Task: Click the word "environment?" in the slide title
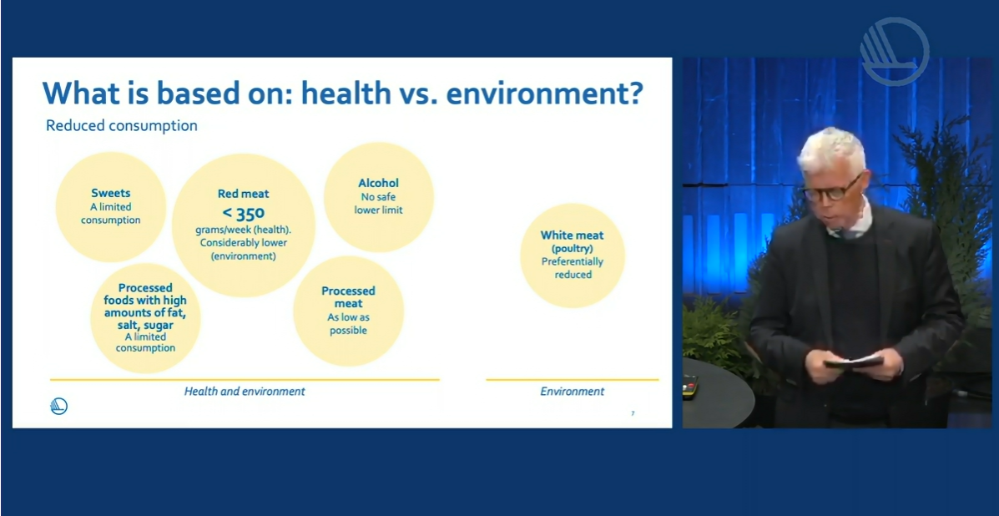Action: coord(543,93)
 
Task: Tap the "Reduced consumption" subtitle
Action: coord(122,126)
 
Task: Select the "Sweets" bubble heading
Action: coord(110,192)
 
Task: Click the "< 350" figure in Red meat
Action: coord(243,213)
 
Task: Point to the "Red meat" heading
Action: coord(244,194)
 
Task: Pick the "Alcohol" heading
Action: coord(378,184)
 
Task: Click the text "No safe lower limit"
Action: coord(378,203)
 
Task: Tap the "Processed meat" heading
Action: coord(349,297)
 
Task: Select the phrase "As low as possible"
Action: coord(348,324)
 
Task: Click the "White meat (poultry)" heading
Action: coord(573,241)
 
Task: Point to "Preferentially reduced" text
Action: coord(573,268)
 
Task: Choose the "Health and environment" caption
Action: coord(245,391)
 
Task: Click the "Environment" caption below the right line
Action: coord(573,391)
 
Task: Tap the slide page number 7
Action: coord(633,413)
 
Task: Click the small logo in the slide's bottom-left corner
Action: coord(58,407)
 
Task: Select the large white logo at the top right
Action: coord(894,51)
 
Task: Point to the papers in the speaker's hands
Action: coord(853,362)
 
